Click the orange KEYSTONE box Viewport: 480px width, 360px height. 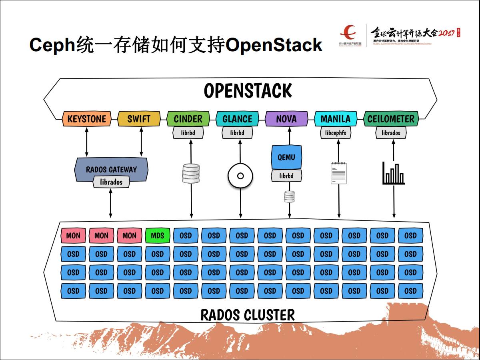[x=86, y=119]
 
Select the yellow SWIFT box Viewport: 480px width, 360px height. [x=139, y=119]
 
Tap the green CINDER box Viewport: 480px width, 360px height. [x=188, y=119]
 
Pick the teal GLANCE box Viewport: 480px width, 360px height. [x=237, y=119]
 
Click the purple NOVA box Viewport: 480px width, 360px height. [x=286, y=119]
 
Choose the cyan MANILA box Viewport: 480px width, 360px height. [x=335, y=119]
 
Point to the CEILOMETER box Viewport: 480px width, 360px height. [x=391, y=119]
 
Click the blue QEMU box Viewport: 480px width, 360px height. [x=286, y=157]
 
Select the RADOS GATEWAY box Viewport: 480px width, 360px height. [x=111, y=169]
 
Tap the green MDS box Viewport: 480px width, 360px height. [x=158, y=236]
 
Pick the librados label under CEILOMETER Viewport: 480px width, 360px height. [x=391, y=133]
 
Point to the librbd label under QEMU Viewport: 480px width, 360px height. [x=286, y=176]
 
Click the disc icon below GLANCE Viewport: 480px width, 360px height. [x=240, y=176]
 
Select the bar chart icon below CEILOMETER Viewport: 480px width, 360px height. [x=394, y=173]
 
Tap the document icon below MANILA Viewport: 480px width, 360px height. [x=339, y=173]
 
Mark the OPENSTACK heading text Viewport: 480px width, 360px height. [x=248, y=91]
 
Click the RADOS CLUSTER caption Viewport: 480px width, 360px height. [x=248, y=315]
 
